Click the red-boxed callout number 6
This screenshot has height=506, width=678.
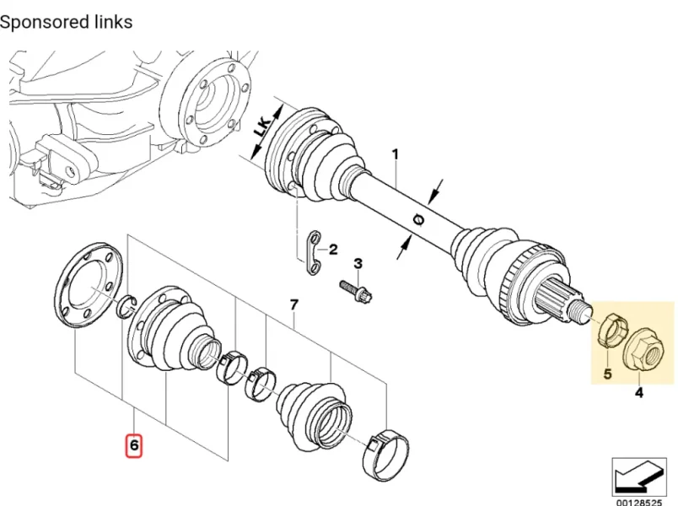(x=133, y=444)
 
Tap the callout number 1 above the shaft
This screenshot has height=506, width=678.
(x=395, y=154)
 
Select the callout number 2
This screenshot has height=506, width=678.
(x=333, y=250)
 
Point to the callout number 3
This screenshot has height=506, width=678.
(x=358, y=263)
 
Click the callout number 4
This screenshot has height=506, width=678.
(x=638, y=392)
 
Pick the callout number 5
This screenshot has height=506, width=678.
(x=607, y=374)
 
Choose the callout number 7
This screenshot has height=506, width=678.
(x=294, y=305)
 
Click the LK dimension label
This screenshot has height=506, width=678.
(x=263, y=126)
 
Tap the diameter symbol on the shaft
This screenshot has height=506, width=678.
(x=419, y=220)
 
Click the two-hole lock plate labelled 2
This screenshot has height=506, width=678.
(x=315, y=253)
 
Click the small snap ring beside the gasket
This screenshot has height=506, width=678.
(x=127, y=306)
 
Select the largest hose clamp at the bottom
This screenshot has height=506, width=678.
(x=385, y=454)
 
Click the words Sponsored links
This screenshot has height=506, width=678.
(x=66, y=22)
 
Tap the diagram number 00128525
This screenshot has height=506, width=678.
(x=639, y=503)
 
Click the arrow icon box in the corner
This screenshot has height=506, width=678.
(x=639, y=477)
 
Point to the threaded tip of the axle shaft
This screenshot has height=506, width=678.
(x=580, y=309)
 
